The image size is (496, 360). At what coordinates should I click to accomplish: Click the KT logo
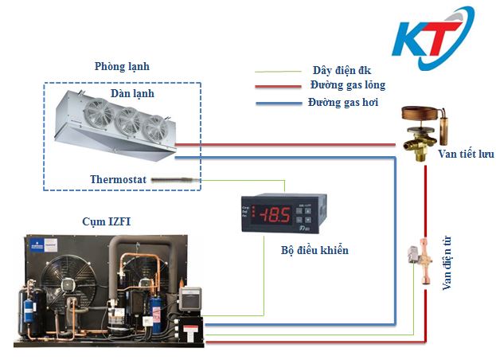[x=435, y=41]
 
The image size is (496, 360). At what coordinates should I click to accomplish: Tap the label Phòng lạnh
[x=121, y=66]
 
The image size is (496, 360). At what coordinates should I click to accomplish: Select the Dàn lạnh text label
[x=133, y=94]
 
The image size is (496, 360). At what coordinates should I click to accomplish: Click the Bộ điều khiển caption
[x=315, y=250]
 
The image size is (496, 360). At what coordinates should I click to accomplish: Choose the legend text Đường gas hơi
[x=342, y=103]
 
